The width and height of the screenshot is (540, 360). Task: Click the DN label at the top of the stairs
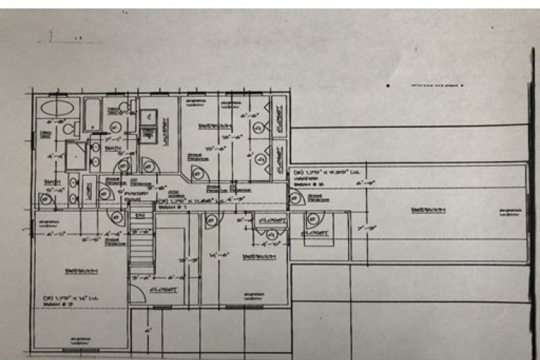(x=140, y=216)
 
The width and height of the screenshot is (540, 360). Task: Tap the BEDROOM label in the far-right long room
(x=428, y=211)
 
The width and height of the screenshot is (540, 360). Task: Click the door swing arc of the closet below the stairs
(x=137, y=292)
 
